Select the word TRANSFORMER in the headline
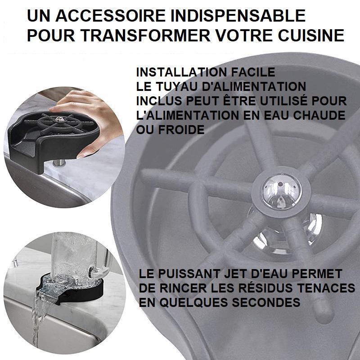pos(146,36)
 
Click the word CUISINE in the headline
pos(311,36)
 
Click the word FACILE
pos(253,72)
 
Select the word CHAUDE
pos(319,115)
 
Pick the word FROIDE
pos(181,130)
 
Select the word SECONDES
pos(266,302)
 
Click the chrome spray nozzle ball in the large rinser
pos(282,191)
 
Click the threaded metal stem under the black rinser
pos(59,163)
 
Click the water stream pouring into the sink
pos(38,321)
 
